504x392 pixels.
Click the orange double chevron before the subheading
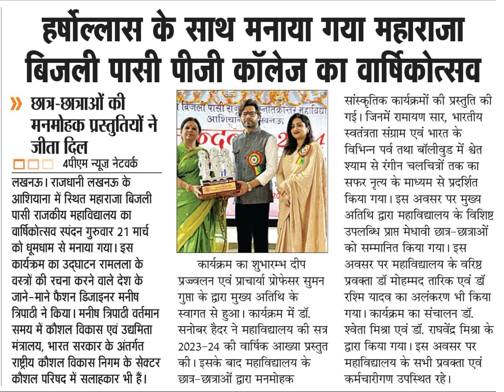point(16,104)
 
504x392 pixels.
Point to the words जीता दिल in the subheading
point(59,146)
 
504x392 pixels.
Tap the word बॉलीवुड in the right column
point(429,150)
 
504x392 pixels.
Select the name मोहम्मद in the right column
point(412,281)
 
